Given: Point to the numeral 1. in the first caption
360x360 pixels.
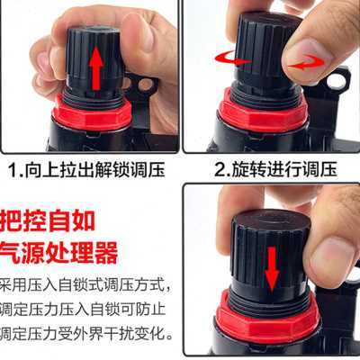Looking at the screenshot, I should [x=16, y=168].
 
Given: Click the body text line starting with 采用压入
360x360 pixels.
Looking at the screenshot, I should [x=85, y=286].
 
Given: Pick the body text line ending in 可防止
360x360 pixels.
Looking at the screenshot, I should [x=85, y=314].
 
